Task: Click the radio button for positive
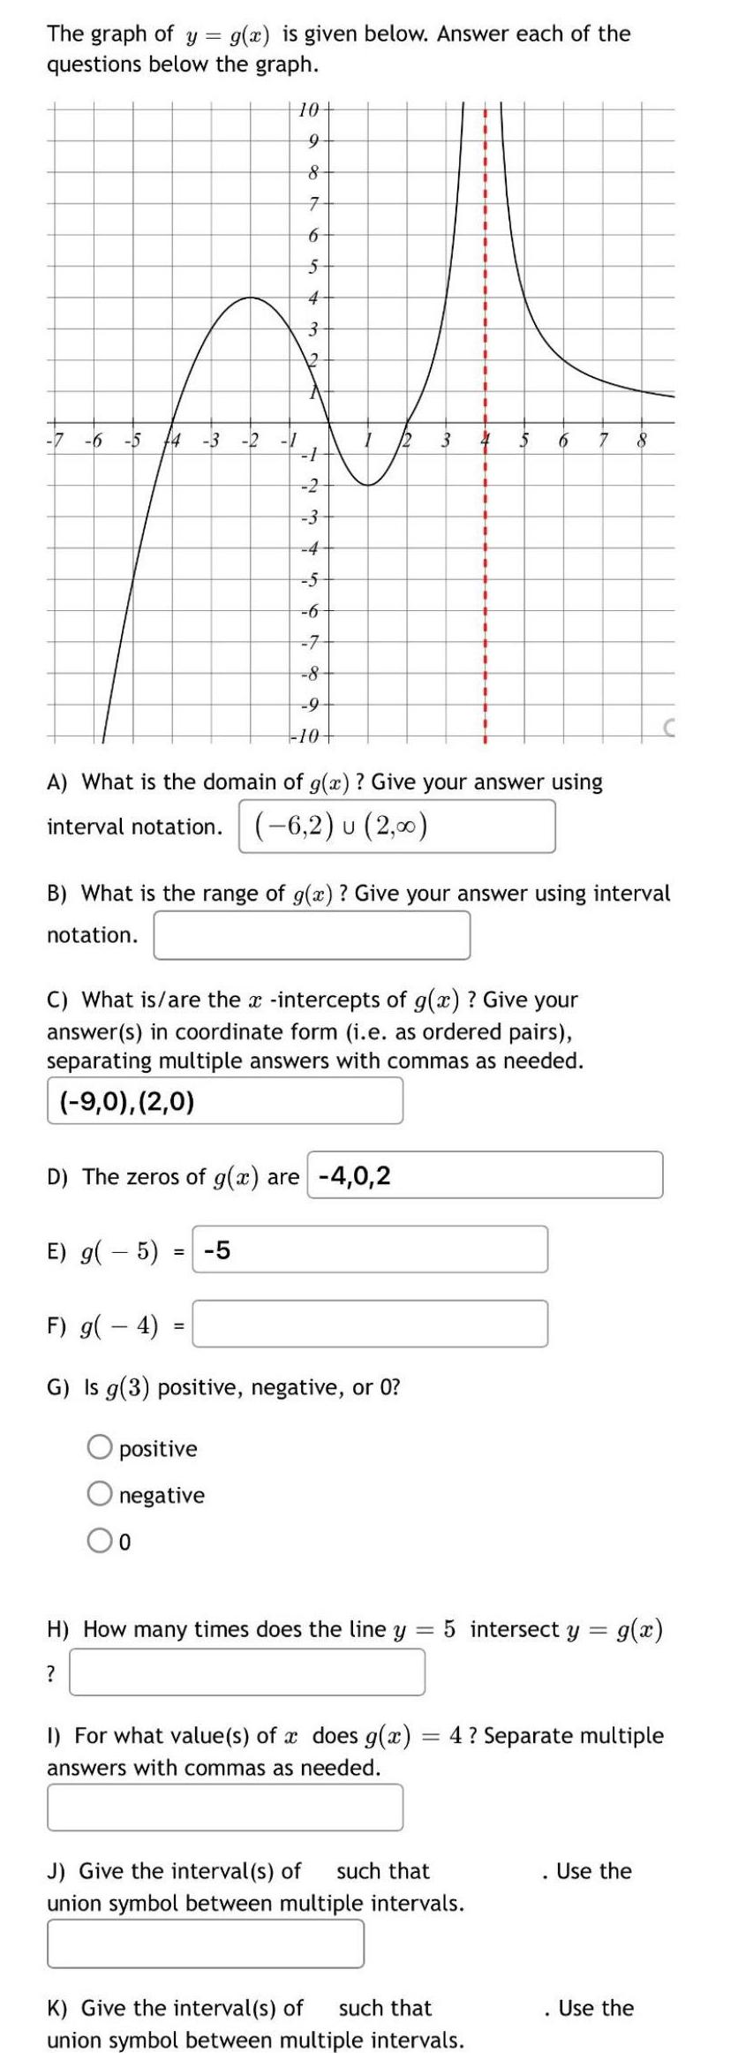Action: pyautogui.click(x=99, y=1447)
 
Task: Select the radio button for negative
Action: pyautogui.click(x=99, y=1494)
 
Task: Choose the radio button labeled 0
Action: pyautogui.click(x=99, y=1541)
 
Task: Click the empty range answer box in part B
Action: pyautogui.click(x=312, y=935)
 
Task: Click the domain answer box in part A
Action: pyautogui.click(x=397, y=826)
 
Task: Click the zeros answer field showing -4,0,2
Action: pyautogui.click(x=485, y=1175)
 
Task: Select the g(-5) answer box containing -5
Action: pyautogui.click(x=370, y=1249)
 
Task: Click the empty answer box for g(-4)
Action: pyautogui.click(x=370, y=1324)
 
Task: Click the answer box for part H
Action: pyautogui.click(x=247, y=1672)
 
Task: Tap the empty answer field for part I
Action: pyautogui.click(x=225, y=1807)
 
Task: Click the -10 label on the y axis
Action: pyautogui.click(x=308, y=736)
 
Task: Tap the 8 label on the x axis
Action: pyautogui.click(x=643, y=439)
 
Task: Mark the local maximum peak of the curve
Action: pyautogui.click(x=251, y=298)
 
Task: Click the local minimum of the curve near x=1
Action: pyautogui.click(x=368, y=484)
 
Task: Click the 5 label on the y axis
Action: pyautogui.click(x=311, y=266)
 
